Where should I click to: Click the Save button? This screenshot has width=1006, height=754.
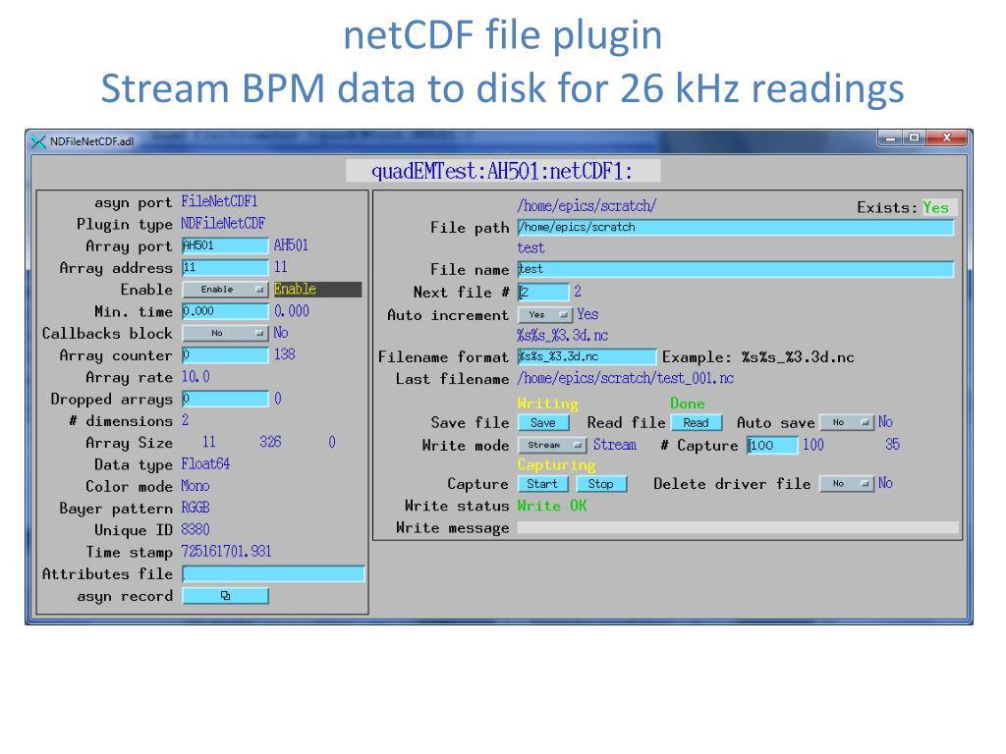coord(542,423)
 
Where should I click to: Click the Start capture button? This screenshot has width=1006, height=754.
coord(542,484)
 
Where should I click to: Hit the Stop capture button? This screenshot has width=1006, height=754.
coord(600,484)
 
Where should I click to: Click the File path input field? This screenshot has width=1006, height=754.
coord(735,228)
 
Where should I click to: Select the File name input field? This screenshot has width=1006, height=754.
coord(735,269)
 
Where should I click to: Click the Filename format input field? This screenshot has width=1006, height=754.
coord(587,357)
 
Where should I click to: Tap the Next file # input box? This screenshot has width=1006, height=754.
coord(543,292)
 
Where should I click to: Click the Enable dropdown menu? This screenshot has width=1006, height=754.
coord(225,290)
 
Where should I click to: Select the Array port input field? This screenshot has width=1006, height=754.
coord(225,245)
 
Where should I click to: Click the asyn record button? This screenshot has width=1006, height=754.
coord(225,596)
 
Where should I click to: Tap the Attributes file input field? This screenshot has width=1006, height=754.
coord(273,574)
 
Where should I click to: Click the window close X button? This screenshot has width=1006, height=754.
coord(947,138)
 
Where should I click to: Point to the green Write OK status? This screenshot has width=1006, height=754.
coord(552,506)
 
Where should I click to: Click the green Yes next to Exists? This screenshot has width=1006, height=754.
coord(936,207)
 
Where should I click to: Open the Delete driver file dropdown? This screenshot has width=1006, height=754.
coord(846,484)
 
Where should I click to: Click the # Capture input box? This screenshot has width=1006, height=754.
coord(772,446)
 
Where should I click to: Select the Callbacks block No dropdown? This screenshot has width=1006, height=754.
coord(225,334)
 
